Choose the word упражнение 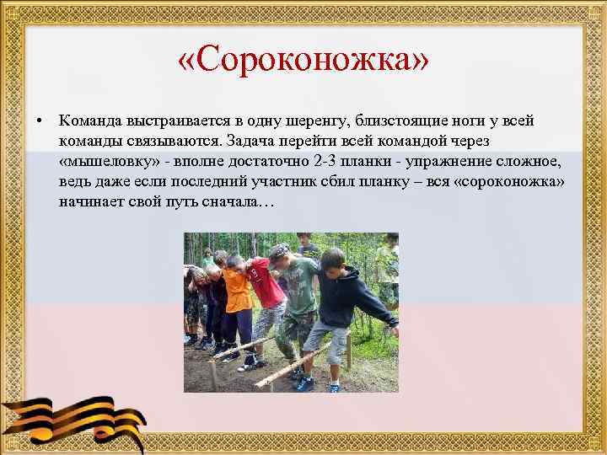[465, 161]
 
